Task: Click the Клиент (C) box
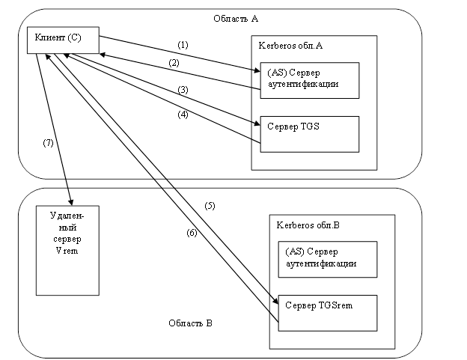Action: click(x=63, y=40)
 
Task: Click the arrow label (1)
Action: click(x=183, y=45)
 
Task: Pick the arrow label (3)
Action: click(x=182, y=91)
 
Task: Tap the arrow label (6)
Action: click(x=192, y=233)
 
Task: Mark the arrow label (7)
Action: click(x=47, y=143)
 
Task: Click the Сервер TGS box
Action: click(x=309, y=134)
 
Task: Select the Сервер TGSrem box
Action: click(x=326, y=312)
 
